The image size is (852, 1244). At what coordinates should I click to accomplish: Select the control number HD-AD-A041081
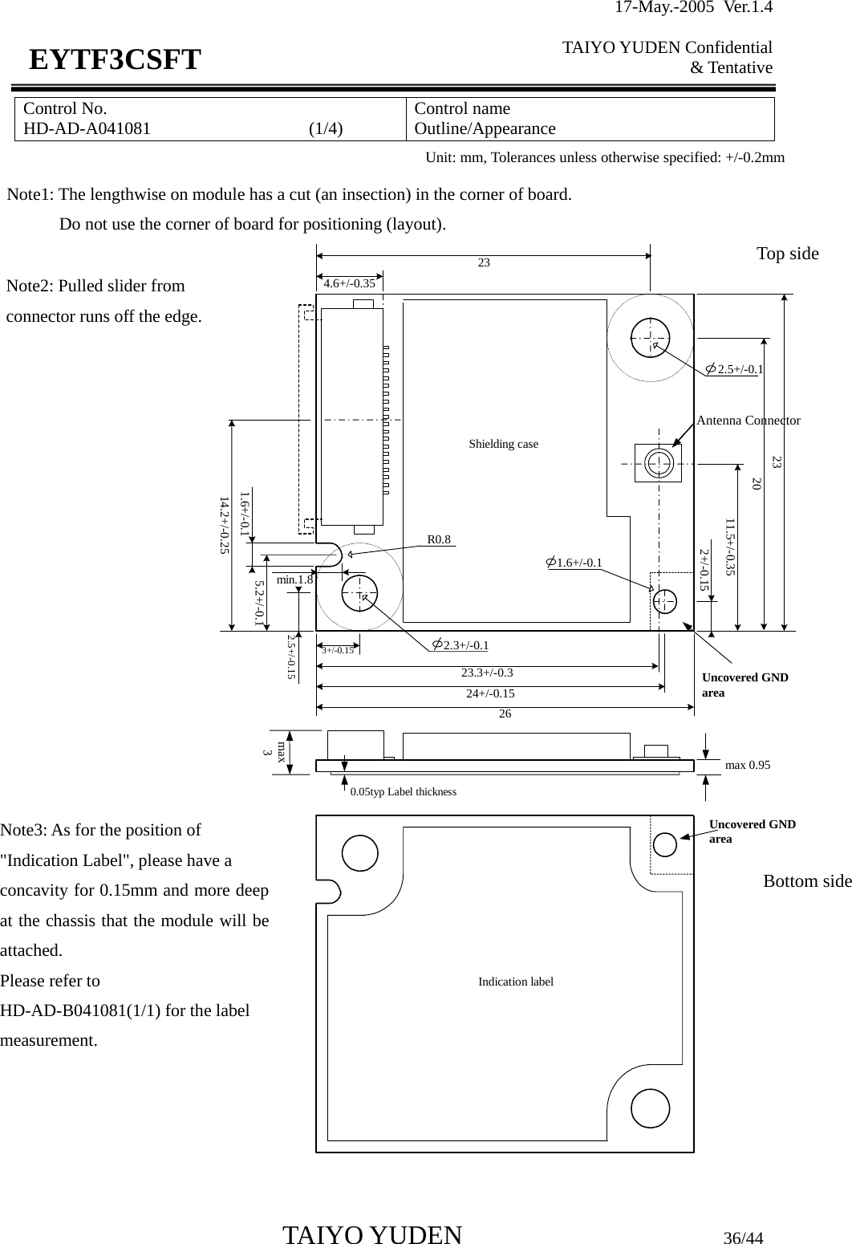point(87,128)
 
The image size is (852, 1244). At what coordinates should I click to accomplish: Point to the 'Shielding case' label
point(503,444)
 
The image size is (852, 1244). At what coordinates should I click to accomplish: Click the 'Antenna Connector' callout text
point(748,421)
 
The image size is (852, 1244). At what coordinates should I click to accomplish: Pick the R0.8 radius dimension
point(439,540)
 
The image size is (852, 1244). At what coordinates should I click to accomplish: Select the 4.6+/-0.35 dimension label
point(349,283)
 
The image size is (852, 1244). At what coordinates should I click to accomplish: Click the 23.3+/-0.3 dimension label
point(487,673)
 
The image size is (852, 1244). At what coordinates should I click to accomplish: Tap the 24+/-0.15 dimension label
point(490,693)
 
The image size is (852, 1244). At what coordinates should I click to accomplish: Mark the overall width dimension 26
point(505,713)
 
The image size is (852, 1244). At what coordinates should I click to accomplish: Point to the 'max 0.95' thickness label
point(747,765)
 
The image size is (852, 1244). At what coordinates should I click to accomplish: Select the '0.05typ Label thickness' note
point(403,792)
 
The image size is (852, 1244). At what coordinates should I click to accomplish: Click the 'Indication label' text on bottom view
point(516,982)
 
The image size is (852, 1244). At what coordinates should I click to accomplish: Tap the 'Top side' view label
point(787,254)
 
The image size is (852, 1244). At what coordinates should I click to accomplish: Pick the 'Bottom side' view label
point(806,881)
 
